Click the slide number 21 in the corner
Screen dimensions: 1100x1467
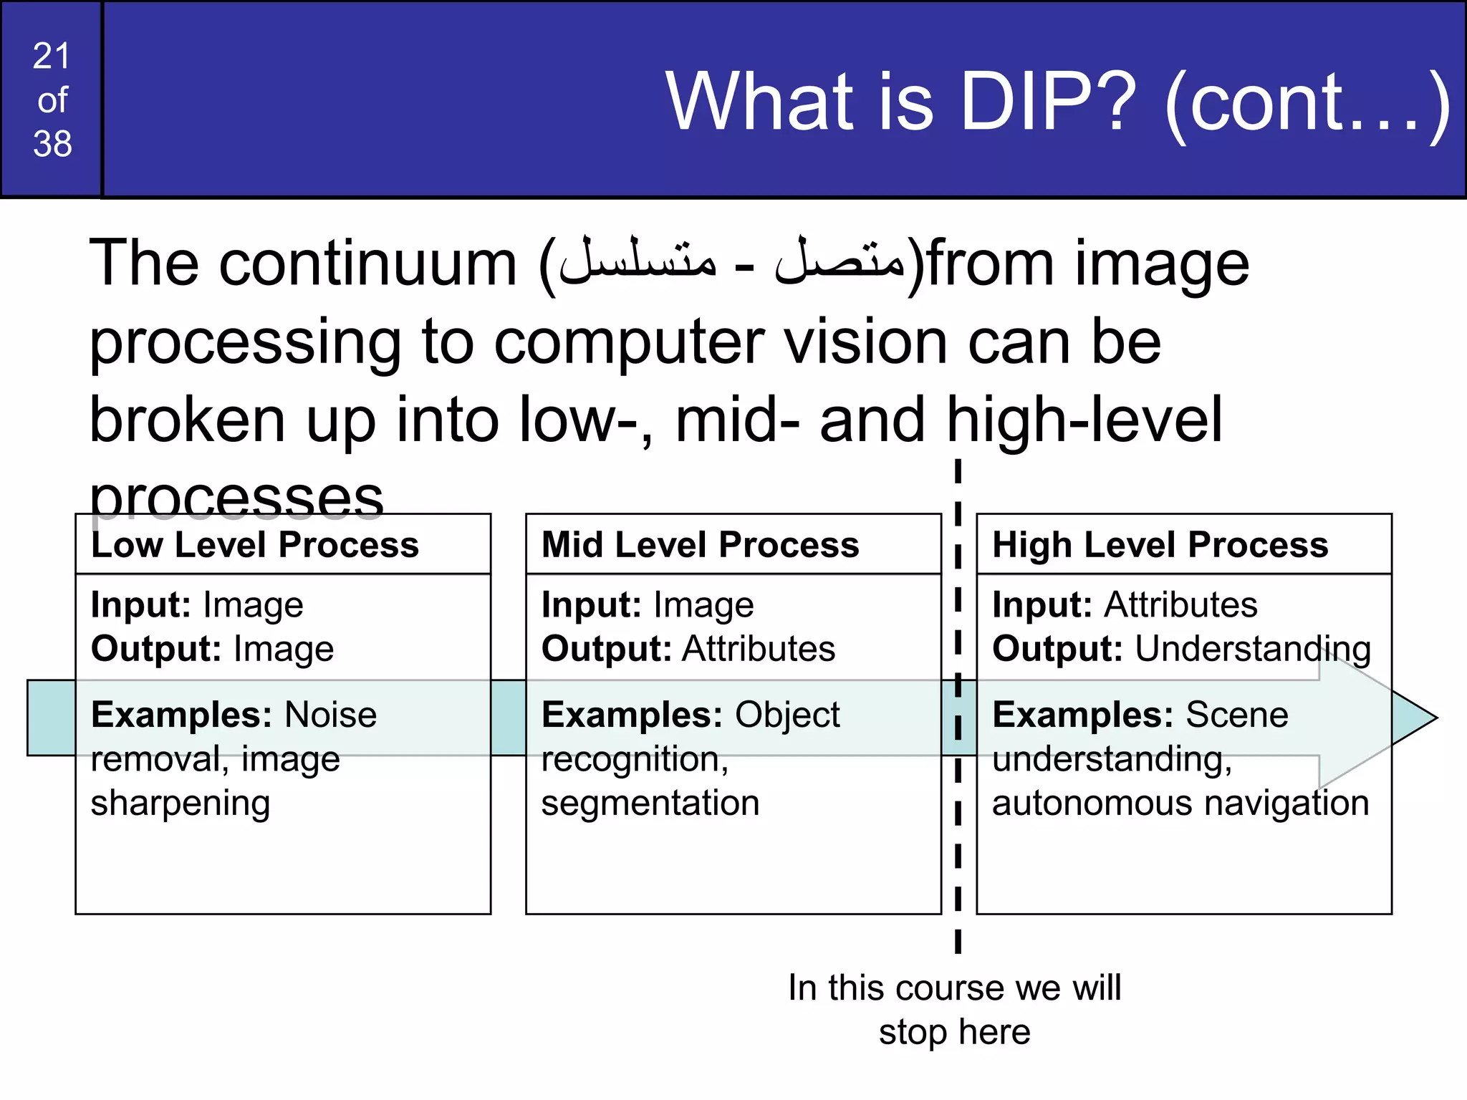52,56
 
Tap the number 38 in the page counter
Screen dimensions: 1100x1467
52,143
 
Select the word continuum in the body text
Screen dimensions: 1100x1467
367,264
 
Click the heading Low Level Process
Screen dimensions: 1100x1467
255,544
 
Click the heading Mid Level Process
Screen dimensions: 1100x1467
700,544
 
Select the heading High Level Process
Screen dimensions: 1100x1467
1160,544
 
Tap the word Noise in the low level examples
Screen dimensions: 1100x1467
330,714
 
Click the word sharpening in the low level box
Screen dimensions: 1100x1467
181,804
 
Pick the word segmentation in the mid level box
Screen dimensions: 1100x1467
650,803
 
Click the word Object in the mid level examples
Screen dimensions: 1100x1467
787,714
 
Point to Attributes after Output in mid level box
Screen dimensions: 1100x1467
759,649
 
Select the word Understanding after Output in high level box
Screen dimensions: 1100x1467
1252,649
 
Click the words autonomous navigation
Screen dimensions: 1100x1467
1180,803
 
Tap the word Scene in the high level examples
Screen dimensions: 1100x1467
1236,714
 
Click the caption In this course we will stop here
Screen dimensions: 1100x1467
954,1009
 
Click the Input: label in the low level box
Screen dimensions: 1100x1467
140,605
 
